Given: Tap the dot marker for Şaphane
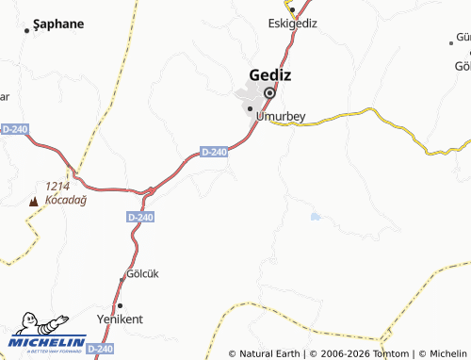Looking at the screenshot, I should [x=26, y=30].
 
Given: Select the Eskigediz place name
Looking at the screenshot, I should [x=293, y=24].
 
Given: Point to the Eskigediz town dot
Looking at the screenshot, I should [x=292, y=9].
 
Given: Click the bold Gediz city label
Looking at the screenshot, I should [x=269, y=74].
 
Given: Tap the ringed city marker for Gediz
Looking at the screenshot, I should [x=269, y=93].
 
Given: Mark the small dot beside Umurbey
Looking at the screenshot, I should [x=250, y=109].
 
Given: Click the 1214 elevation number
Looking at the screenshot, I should [x=58, y=187].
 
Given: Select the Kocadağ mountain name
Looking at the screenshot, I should [x=63, y=201].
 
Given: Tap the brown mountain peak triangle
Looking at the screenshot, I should [x=34, y=201].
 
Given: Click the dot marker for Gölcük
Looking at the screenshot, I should [x=122, y=278].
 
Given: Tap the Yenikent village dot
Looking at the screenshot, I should [x=120, y=305].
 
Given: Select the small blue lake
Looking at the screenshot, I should [x=316, y=217].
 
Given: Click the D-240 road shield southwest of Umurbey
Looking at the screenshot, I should [x=215, y=152].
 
